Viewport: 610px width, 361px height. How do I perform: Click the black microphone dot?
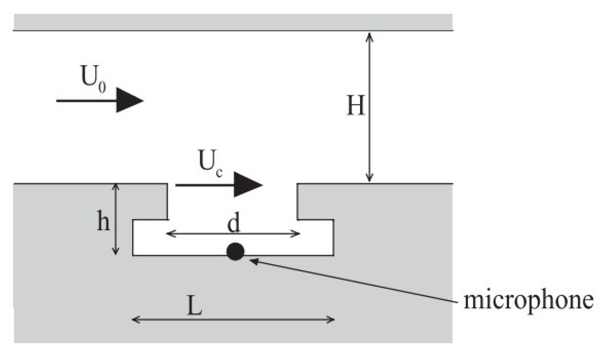235,252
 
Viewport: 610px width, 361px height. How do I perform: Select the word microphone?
528,300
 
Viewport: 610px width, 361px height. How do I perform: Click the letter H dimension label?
356,106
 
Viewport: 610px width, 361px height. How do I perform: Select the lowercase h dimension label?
103,221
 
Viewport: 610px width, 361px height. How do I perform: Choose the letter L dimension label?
194,306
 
